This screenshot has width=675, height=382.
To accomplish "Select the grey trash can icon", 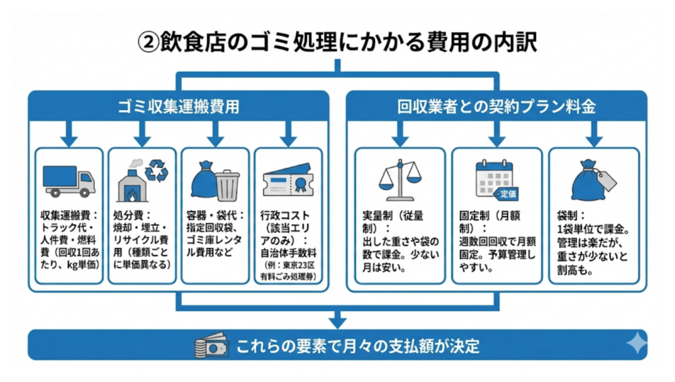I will (227, 185).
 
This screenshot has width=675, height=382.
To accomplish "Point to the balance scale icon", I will (399, 180).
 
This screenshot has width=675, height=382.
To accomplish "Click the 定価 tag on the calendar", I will (507, 194).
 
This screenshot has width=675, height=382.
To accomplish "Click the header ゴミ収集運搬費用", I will (178, 105).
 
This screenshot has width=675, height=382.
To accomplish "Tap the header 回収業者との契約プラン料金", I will (496, 105).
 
